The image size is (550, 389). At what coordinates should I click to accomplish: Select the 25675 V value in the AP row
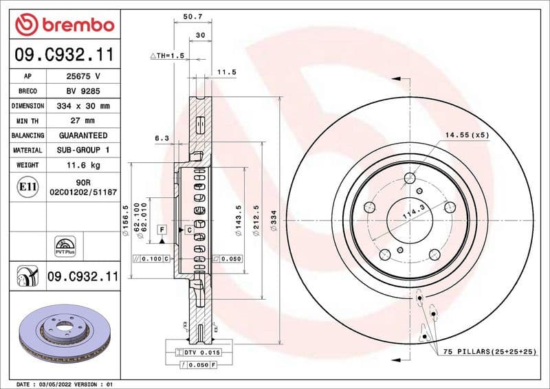click(x=83, y=76)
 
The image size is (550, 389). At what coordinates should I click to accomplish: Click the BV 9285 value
click(x=83, y=91)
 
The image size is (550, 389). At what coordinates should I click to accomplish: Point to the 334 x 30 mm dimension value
click(x=83, y=106)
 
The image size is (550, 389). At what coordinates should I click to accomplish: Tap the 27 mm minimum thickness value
click(x=83, y=121)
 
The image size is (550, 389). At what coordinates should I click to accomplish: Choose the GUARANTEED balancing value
click(x=83, y=135)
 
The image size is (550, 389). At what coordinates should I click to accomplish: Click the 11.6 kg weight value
click(x=83, y=165)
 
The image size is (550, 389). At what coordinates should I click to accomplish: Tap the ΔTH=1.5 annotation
click(x=168, y=55)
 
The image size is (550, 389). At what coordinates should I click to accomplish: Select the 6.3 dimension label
click(x=162, y=138)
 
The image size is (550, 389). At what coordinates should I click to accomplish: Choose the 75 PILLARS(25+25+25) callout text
click(x=489, y=351)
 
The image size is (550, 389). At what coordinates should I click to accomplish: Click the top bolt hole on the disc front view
click(x=410, y=179)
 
